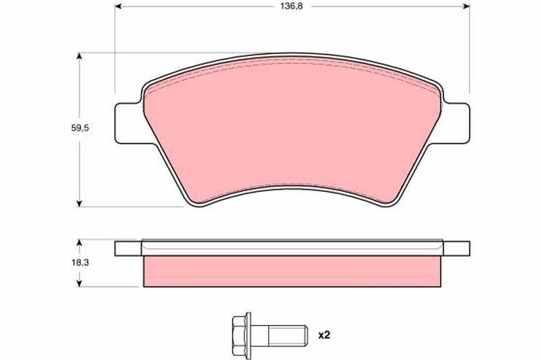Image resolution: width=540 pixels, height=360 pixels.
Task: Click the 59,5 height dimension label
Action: [80, 128]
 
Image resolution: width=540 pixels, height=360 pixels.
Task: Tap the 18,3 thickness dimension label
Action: [80, 263]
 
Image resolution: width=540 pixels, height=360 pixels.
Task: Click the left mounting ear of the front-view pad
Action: [128, 124]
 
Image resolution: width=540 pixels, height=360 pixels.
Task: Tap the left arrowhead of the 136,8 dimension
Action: [118, 6]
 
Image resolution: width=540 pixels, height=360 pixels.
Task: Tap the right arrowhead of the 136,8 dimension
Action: [466, 6]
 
